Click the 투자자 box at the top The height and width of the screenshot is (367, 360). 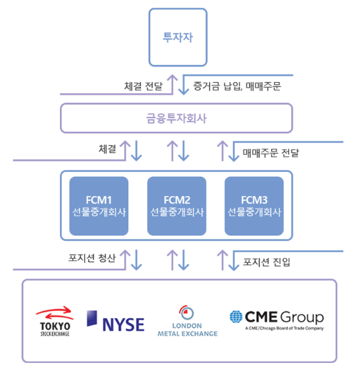click(x=178, y=37)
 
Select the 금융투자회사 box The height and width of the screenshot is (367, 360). click(x=178, y=118)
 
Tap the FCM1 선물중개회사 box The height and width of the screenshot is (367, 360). click(x=98, y=205)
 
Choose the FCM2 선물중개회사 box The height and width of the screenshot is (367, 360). click(x=177, y=205)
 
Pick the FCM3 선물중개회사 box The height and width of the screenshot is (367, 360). click(x=254, y=205)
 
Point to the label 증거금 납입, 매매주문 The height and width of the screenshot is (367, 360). click(x=237, y=86)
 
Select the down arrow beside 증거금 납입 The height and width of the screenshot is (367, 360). click(x=184, y=84)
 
